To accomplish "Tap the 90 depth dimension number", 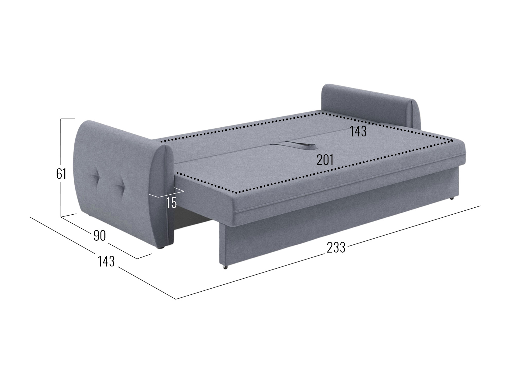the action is (100, 236).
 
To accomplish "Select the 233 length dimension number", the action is (336, 247).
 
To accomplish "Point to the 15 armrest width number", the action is (172, 203).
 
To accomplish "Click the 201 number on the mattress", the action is (325, 160).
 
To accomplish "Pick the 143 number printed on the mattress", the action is (358, 131).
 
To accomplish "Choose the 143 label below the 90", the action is (106, 261).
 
